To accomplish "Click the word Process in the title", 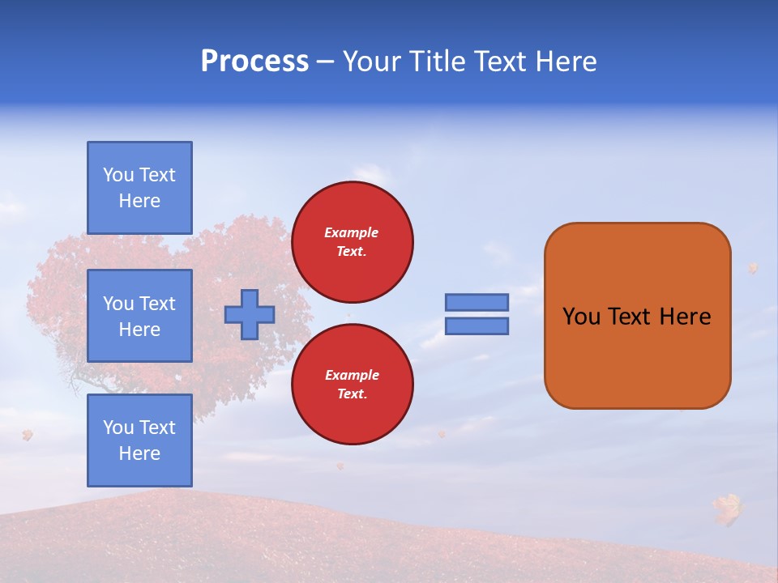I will [254, 62].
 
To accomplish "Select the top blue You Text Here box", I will [139, 188].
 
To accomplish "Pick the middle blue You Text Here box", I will [139, 316].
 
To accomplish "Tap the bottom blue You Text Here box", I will [139, 440].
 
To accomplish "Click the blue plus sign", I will [250, 314].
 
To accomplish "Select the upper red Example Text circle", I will [353, 242].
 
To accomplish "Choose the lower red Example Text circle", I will [353, 385].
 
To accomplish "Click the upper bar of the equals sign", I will [477, 302].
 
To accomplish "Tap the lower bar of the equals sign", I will [477, 326].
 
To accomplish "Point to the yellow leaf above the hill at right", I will [728, 508].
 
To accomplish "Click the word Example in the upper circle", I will [352, 232].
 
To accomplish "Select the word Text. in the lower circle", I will [352, 394].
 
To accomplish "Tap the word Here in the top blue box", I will [139, 201].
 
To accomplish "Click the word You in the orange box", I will [581, 317].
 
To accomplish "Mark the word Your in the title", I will [373, 62].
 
